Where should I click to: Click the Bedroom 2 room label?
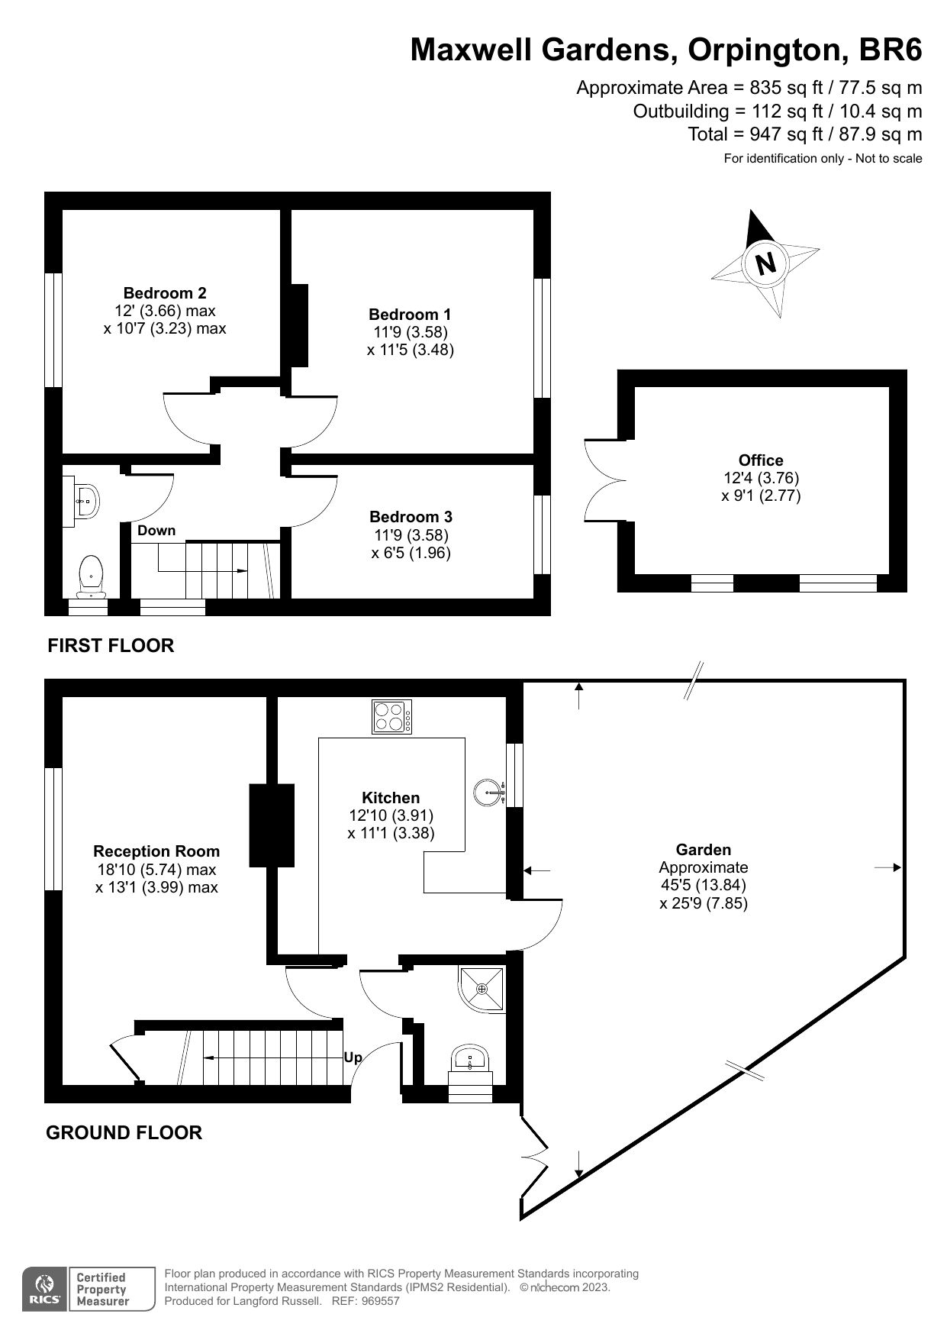click(x=165, y=293)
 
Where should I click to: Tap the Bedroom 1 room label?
click(x=410, y=315)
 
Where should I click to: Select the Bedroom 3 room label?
click(x=411, y=517)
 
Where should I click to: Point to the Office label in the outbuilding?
click(x=761, y=460)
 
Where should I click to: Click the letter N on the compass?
click(x=765, y=263)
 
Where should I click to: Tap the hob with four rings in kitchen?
click(x=392, y=717)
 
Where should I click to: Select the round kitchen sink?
click(x=488, y=793)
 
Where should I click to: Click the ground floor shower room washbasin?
click(x=470, y=1059)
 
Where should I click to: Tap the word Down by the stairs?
click(x=156, y=531)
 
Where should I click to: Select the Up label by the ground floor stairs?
click(x=353, y=1057)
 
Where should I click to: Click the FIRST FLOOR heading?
click(x=111, y=646)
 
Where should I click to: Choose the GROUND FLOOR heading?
click(x=124, y=1132)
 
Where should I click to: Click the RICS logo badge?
click(x=44, y=1290)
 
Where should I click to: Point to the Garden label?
click(x=703, y=850)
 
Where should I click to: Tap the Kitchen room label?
click(x=391, y=798)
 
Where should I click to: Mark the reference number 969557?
click(x=379, y=1301)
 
